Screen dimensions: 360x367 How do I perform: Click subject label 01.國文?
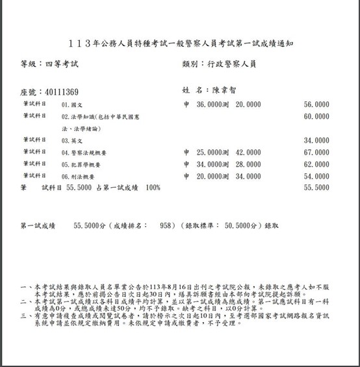(71, 104)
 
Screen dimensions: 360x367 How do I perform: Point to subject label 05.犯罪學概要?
(81, 164)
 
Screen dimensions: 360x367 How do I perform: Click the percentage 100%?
(153, 188)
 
